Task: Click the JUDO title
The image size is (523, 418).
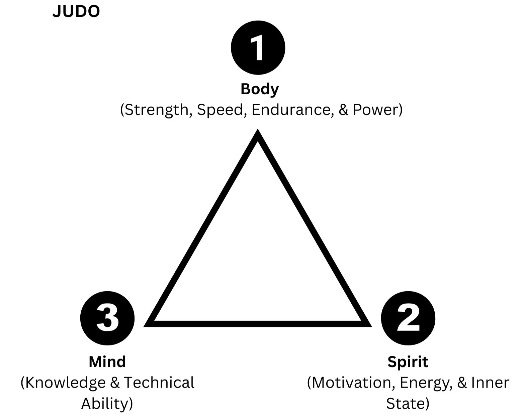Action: pyautogui.click(x=76, y=11)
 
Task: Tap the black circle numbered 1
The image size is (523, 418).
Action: pyautogui.click(x=258, y=48)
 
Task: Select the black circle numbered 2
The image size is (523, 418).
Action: pyautogui.click(x=408, y=318)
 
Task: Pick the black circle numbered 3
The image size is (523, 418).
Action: pyautogui.click(x=107, y=318)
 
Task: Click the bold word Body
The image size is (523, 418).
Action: pyautogui.click(x=260, y=89)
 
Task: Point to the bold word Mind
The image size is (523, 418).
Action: pyautogui.click(x=107, y=362)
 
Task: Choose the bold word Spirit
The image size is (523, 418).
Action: pyautogui.click(x=408, y=362)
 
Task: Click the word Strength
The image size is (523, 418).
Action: pyautogui.click(x=157, y=110)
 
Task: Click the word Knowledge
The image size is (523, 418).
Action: pyautogui.click(x=66, y=383)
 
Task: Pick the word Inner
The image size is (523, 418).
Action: pyautogui.click(x=490, y=383)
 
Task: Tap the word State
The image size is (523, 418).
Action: pyautogui.click(x=406, y=404)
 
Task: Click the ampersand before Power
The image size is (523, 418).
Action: pyautogui.click(x=344, y=110)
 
